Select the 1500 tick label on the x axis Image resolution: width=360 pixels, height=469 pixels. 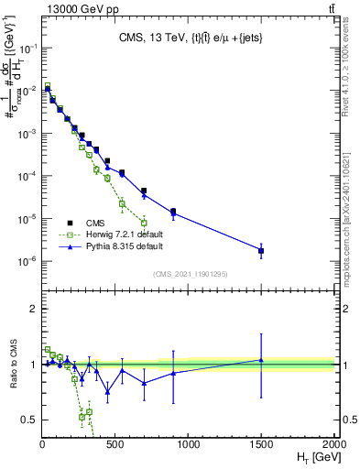[x=261, y=443]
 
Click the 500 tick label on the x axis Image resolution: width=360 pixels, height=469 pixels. [x=115, y=443]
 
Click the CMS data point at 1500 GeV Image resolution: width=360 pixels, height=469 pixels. [x=261, y=250]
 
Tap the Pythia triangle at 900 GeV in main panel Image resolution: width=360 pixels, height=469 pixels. [x=173, y=213]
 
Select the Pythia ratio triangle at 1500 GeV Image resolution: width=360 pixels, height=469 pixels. [x=261, y=360]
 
